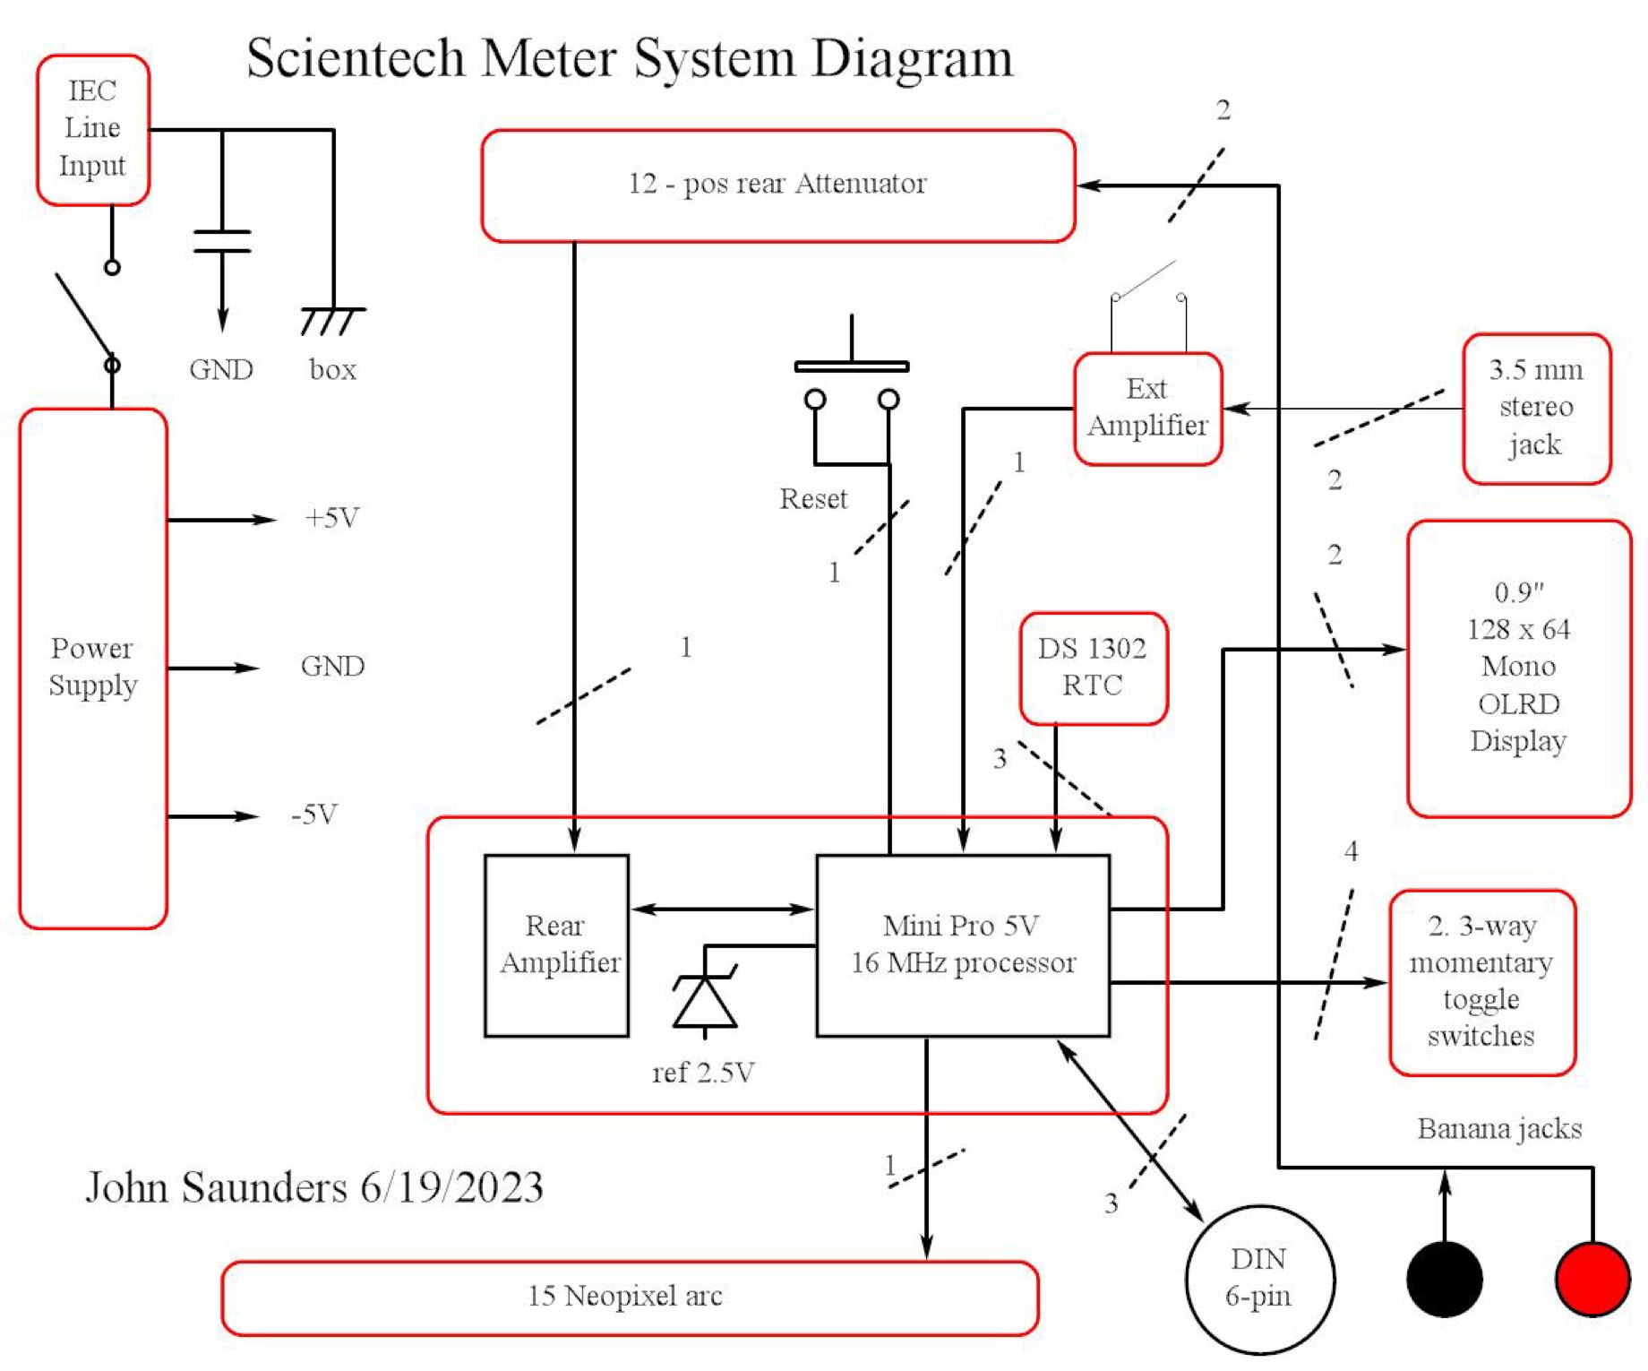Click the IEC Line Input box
92,129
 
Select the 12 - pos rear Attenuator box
777,185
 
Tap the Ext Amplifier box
1147,408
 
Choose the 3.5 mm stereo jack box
1536,408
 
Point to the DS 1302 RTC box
1093,668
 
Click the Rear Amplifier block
556,944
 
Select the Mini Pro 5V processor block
963,944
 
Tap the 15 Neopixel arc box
629,1297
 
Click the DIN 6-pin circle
1259,1279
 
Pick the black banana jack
1444,1279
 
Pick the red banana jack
1592,1279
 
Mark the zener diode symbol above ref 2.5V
705,1000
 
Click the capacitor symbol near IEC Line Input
222,241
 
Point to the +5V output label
332,518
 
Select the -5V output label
314,815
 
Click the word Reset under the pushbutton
812,498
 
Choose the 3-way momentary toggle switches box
1481,981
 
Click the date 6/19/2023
451,1187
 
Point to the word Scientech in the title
356,59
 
